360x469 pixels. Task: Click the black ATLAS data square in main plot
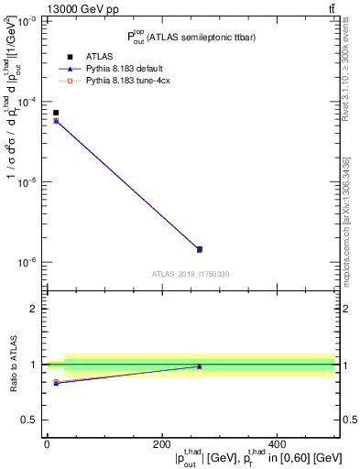(x=56, y=113)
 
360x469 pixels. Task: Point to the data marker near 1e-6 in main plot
(x=199, y=249)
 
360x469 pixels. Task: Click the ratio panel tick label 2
(x=34, y=309)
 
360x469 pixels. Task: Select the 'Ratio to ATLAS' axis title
(x=12, y=365)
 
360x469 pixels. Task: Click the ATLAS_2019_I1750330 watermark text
(x=191, y=274)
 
